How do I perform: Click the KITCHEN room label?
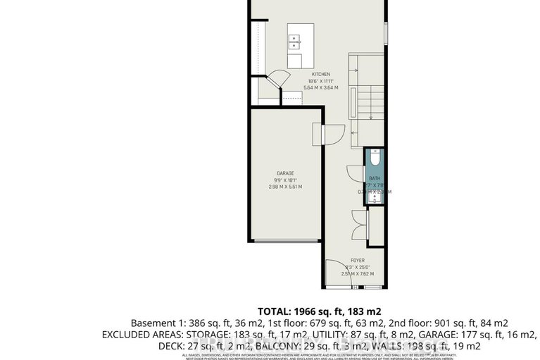(x=321, y=74)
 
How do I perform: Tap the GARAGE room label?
(x=285, y=173)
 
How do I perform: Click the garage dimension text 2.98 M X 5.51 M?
(x=285, y=187)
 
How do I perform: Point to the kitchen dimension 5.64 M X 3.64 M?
(x=321, y=87)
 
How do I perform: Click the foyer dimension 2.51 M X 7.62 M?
(x=358, y=274)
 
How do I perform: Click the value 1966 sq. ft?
(x=320, y=310)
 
